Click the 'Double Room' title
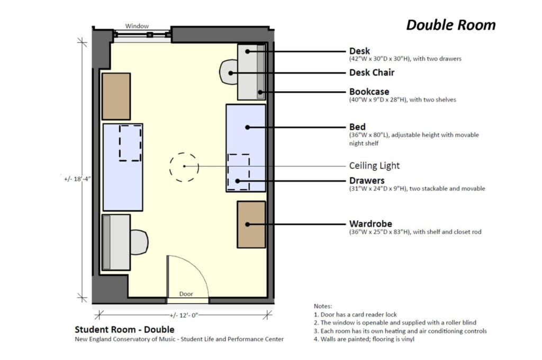450,25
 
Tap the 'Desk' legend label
359,51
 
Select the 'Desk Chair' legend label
372,73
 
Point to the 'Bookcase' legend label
369,92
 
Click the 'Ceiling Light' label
374,166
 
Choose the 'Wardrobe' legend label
371,223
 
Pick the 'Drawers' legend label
367,181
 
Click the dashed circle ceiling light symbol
184,167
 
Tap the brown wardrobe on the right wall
251,224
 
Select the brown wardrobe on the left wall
116,96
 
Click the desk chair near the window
229,72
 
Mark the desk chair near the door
139,242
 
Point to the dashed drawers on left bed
130,142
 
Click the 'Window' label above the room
137,26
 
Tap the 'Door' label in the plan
186,294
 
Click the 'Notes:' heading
322,306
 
